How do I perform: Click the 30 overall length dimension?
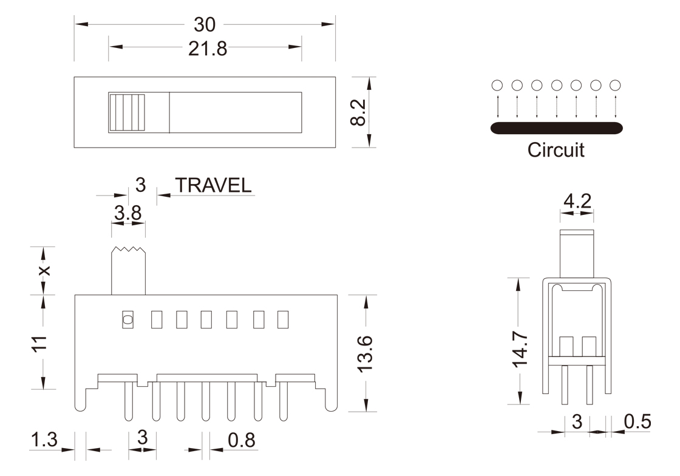point(204,25)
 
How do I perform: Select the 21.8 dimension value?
point(208,49)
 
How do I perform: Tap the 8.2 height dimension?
point(359,112)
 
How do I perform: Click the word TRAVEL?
point(213,185)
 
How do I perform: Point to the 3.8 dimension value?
point(128,213)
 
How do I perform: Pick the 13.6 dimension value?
point(365,354)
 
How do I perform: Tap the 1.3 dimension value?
point(44,440)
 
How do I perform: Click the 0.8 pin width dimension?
point(242,440)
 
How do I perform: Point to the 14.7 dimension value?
point(520,350)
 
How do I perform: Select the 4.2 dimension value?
point(577,201)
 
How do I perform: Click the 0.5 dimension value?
point(637,421)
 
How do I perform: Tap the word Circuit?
point(556,150)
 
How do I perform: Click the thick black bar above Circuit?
point(556,128)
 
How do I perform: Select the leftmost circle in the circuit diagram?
point(497,85)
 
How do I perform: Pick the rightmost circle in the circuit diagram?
point(615,85)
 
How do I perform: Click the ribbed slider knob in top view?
point(127,112)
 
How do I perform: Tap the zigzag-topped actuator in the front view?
point(128,271)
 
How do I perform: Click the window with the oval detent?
point(127,320)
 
